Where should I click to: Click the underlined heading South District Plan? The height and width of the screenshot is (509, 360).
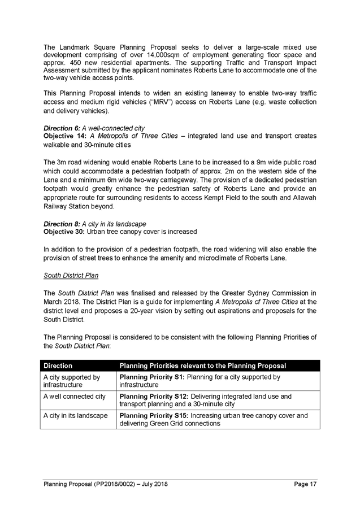tap(71, 276)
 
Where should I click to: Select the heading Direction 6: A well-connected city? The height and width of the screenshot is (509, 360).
tap(94, 129)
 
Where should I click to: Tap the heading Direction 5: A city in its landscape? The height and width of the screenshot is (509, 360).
tap(94, 224)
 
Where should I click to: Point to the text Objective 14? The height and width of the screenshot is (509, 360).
tap(63, 137)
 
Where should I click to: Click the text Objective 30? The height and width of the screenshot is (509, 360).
tap(63, 232)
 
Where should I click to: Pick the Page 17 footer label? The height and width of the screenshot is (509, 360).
tap(305, 484)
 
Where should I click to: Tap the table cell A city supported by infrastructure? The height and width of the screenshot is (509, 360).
tap(72, 381)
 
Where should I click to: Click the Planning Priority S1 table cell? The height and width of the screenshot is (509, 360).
tap(200, 381)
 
